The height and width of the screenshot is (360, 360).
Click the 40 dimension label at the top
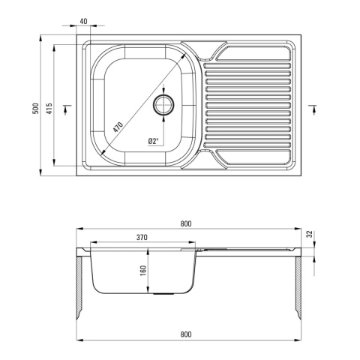[84, 21]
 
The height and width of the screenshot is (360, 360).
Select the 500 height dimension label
[36, 109]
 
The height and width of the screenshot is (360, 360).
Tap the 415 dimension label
[49, 109]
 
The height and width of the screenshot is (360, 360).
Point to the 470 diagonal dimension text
[118, 127]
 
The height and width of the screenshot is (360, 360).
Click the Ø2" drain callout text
[154, 141]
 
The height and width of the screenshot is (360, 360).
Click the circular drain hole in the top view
[163, 104]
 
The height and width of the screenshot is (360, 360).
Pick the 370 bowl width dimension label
[142, 237]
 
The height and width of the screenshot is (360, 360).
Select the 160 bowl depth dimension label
[143, 271]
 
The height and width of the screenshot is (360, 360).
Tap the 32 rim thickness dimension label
[310, 234]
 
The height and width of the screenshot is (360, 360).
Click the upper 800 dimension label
[186, 223]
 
